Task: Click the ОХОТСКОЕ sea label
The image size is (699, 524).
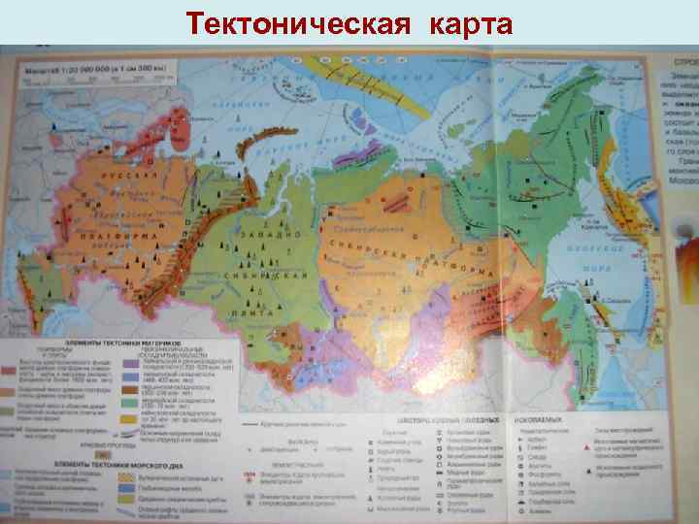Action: tap(582, 246)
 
